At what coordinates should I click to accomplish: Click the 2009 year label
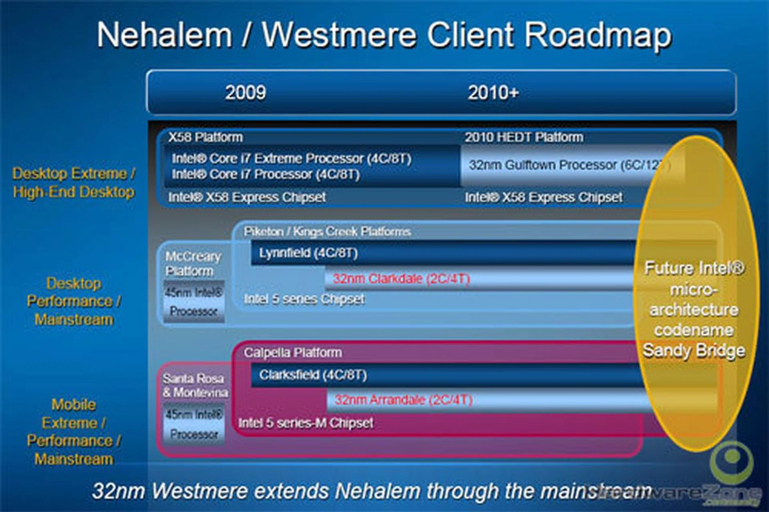pos(246,93)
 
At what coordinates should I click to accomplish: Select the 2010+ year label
pos(493,93)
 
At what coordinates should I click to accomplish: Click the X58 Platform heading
pos(205,137)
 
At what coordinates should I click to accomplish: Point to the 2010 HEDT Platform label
pos(524,137)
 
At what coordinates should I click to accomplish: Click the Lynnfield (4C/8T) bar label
pos(308,253)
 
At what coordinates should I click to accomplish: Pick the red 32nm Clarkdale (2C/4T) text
pos(401,278)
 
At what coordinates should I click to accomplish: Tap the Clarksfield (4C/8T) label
pos(313,375)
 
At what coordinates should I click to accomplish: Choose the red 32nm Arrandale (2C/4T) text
pos(403,400)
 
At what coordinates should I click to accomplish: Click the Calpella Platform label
pos(293,353)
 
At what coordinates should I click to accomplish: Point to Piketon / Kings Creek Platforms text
pos(327,232)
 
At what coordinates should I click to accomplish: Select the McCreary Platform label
pos(193,264)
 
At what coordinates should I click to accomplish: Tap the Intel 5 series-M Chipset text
pos(306,423)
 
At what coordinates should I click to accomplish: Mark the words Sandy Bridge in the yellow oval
pos(694,351)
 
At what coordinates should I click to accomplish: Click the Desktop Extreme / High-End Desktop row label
pos(74,183)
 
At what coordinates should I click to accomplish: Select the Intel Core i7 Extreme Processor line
pos(291,159)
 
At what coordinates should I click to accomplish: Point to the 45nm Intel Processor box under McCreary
pos(194,302)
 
